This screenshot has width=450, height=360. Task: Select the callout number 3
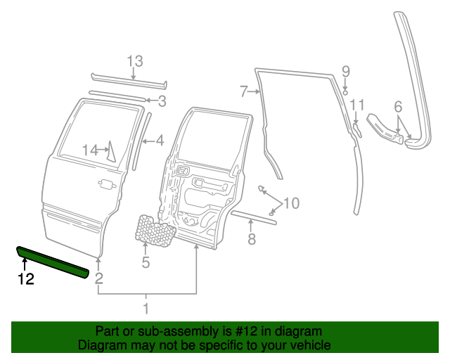(x=162, y=101)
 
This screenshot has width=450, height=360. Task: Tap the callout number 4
(x=160, y=141)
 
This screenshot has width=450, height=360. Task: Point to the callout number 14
(x=90, y=150)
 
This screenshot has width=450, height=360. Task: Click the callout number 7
(x=244, y=91)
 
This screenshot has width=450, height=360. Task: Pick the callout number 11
(x=357, y=105)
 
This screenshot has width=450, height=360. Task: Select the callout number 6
(x=398, y=107)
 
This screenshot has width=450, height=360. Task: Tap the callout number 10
(x=290, y=203)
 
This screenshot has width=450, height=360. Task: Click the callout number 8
(x=251, y=239)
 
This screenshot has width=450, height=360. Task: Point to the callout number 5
(x=146, y=263)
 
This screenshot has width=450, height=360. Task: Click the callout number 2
(x=99, y=278)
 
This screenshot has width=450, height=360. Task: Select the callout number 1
(x=146, y=308)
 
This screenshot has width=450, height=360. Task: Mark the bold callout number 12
(x=25, y=278)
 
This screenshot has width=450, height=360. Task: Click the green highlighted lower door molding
(x=53, y=260)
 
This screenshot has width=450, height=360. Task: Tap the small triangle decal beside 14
(x=110, y=153)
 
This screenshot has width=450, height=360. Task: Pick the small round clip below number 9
(x=345, y=90)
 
